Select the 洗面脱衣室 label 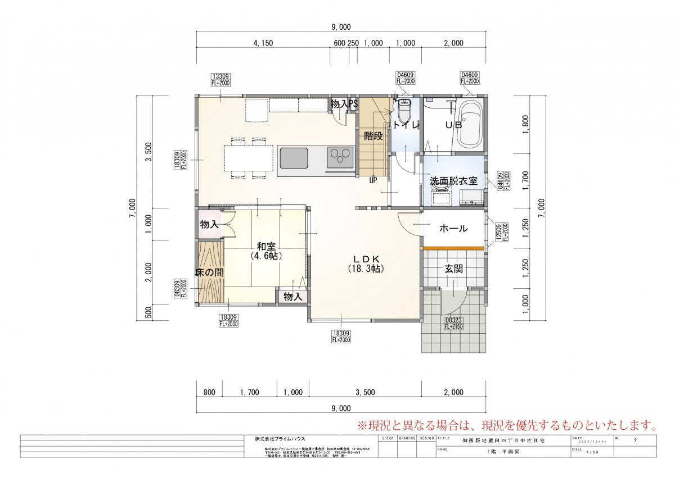tap(453, 181)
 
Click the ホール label tap(453, 229)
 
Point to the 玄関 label tap(453, 269)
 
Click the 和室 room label tap(266, 246)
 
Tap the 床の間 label tap(209, 272)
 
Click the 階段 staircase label tap(373, 135)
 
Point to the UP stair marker tap(373, 180)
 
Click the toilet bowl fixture tap(404, 109)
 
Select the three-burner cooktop tap(340, 156)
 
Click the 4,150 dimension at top tap(263, 43)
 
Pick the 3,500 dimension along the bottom tap(366, 392)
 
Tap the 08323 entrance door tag tap(453, 322)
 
